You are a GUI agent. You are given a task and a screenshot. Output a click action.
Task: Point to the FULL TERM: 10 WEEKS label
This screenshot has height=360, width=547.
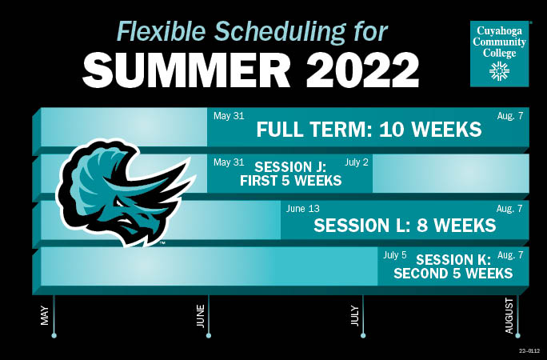click(x=369, y=130)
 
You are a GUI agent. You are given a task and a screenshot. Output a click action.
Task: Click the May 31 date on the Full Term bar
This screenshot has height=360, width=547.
click(x=229, y=116)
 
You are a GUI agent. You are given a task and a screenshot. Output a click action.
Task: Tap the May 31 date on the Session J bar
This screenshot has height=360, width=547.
click(x=229, y=162)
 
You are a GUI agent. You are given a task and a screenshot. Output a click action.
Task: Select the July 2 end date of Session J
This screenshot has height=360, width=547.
click(x=357, y=162)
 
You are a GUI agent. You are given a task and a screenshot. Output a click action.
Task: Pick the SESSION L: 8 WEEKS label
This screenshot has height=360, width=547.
click(x=405, y=226)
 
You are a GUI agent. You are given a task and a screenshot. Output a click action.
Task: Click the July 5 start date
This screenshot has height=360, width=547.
click(x=395, y=255)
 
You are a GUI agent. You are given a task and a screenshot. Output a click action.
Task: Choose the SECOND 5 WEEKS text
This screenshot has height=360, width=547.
click(x=453, y=274)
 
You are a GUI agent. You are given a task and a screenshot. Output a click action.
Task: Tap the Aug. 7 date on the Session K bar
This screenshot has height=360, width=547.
click(x=509, y=255)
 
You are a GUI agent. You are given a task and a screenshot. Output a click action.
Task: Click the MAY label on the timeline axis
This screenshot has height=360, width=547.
click(x=45, y=314)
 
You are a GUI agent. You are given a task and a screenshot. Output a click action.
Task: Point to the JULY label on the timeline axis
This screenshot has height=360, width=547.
click(x=355, y=313)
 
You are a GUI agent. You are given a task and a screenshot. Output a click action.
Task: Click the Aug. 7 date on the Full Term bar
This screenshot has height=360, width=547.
click(x=509, y=116)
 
